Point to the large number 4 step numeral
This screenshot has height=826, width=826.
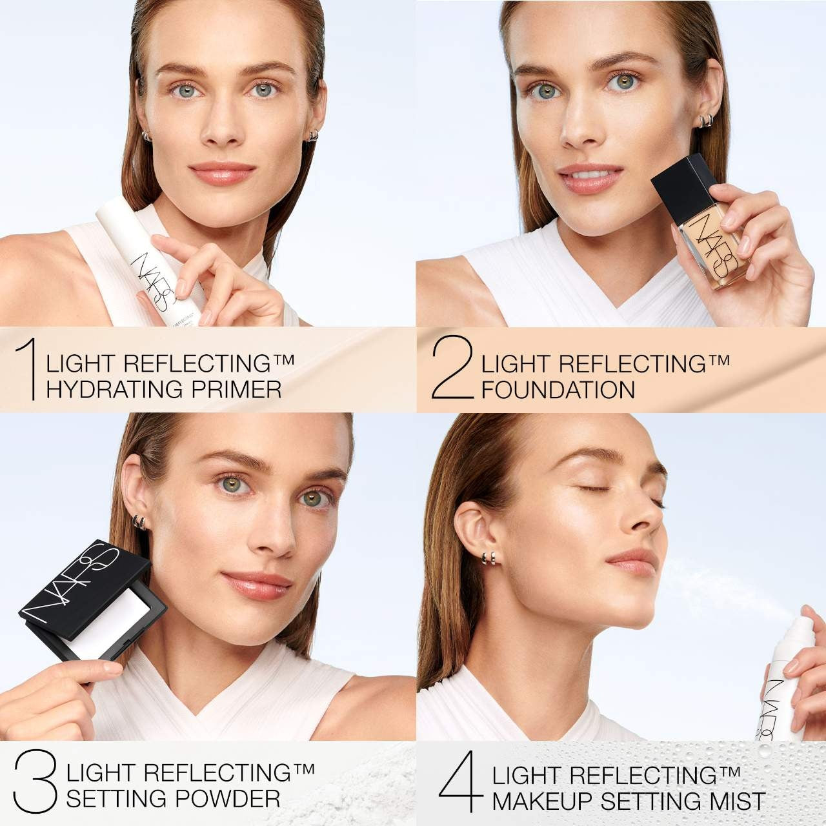461,781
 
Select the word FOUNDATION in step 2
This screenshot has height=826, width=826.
558,390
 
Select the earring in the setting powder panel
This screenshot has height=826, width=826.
139,521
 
